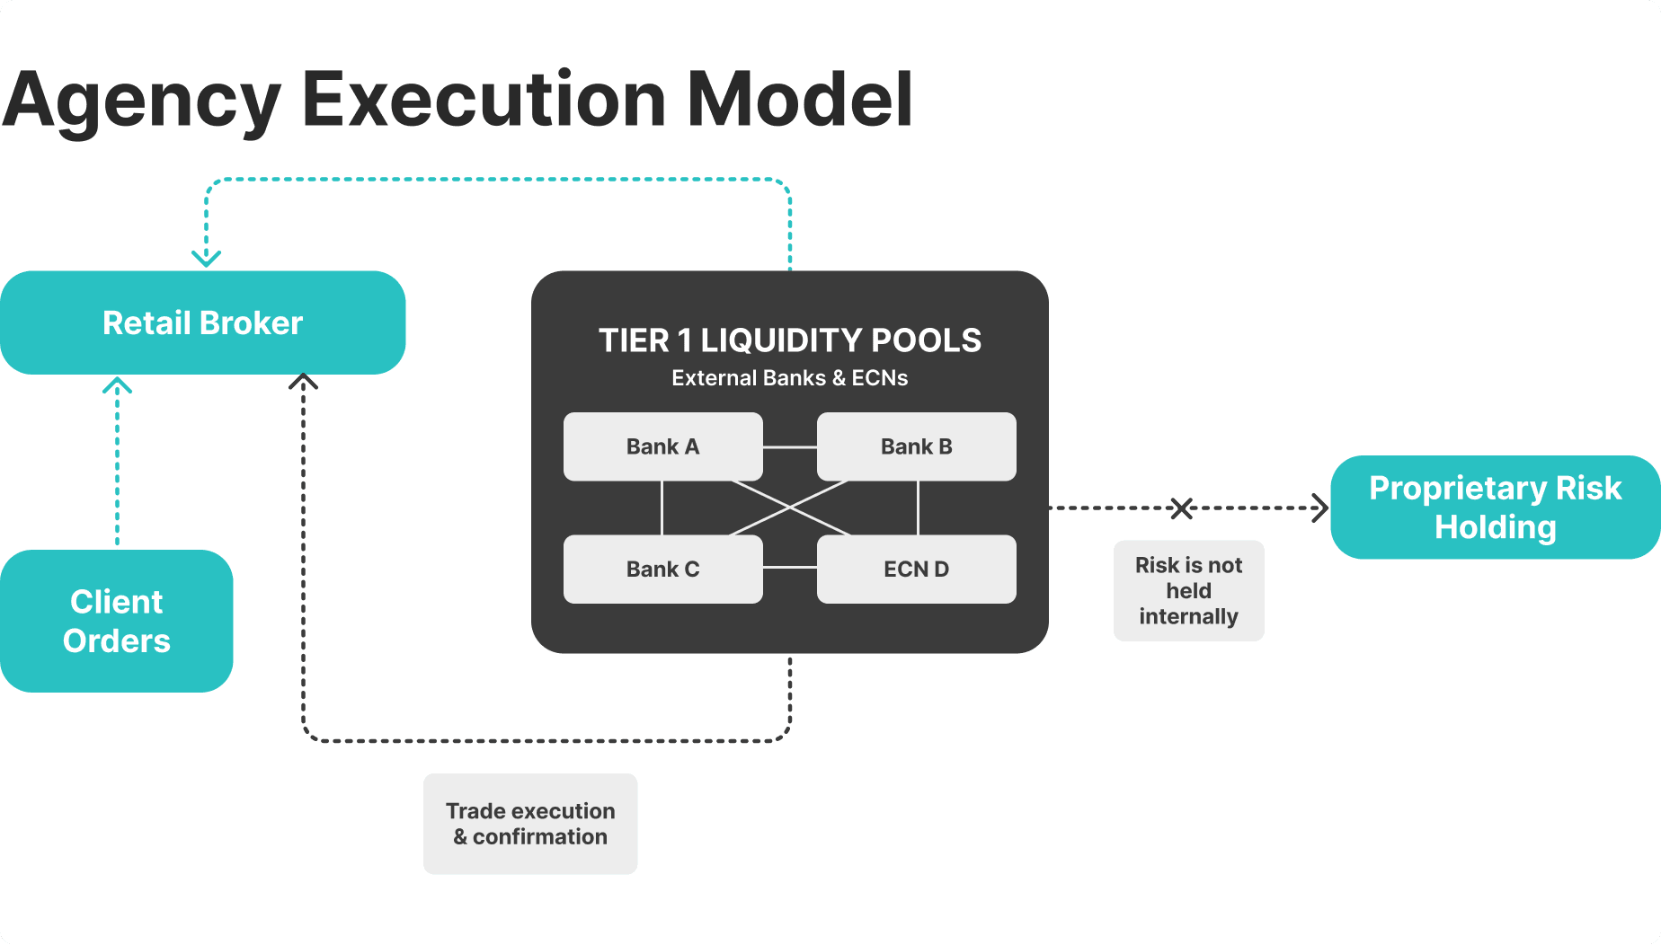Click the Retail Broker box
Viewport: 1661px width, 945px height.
pos(202,322)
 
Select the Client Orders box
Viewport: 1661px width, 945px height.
pos(116,621)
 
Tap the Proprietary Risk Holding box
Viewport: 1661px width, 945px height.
pos(1494,508)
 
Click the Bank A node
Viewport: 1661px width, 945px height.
pos(662,446)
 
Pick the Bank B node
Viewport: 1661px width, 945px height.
pos(916,446)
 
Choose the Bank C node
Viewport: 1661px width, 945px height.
pos(662,569)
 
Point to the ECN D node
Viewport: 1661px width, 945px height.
pos(916,569)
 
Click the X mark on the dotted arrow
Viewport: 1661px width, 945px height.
pos(1181,508)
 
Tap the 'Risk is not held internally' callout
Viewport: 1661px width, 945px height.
pos(1188,590)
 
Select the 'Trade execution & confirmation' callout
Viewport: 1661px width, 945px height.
pos(530,824)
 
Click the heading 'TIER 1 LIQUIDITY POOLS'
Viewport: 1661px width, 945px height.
pos(789,340)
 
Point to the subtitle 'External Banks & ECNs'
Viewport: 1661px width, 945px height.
pos(789,378)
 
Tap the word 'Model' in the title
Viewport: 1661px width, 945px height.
pos(799,99)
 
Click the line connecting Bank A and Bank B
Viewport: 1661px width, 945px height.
pos(789,446)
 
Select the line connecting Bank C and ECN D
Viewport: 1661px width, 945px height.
pos(789,568)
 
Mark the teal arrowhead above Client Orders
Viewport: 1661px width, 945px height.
pos(117,386)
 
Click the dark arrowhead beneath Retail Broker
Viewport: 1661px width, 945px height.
pos(303,382)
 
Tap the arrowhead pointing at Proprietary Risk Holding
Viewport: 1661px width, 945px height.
pos(1321,508)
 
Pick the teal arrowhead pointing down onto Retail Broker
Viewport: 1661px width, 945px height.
pos(207,259)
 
